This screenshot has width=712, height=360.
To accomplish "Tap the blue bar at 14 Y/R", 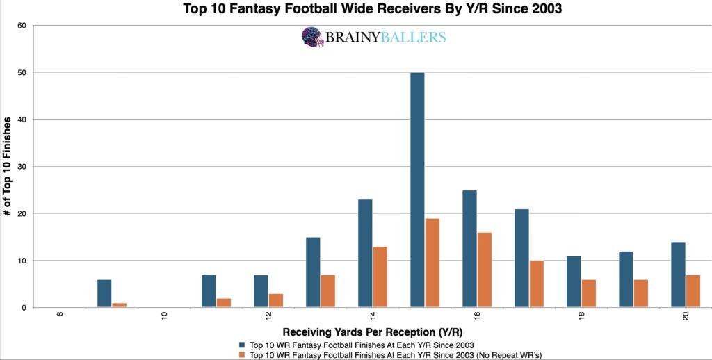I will tap(365, 253).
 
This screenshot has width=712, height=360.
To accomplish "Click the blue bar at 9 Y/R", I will tap(104, 293).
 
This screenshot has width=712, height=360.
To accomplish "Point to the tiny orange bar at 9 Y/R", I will tap(119, 305).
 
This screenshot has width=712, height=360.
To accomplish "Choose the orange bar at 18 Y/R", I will tap(588, 293).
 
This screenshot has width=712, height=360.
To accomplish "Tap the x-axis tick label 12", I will tap(269, 316).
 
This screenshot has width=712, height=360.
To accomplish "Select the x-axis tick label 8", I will tap(60, 315).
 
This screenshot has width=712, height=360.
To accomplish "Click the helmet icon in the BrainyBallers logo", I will tap(313, 37).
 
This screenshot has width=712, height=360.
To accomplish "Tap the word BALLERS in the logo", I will tap(414, 38).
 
